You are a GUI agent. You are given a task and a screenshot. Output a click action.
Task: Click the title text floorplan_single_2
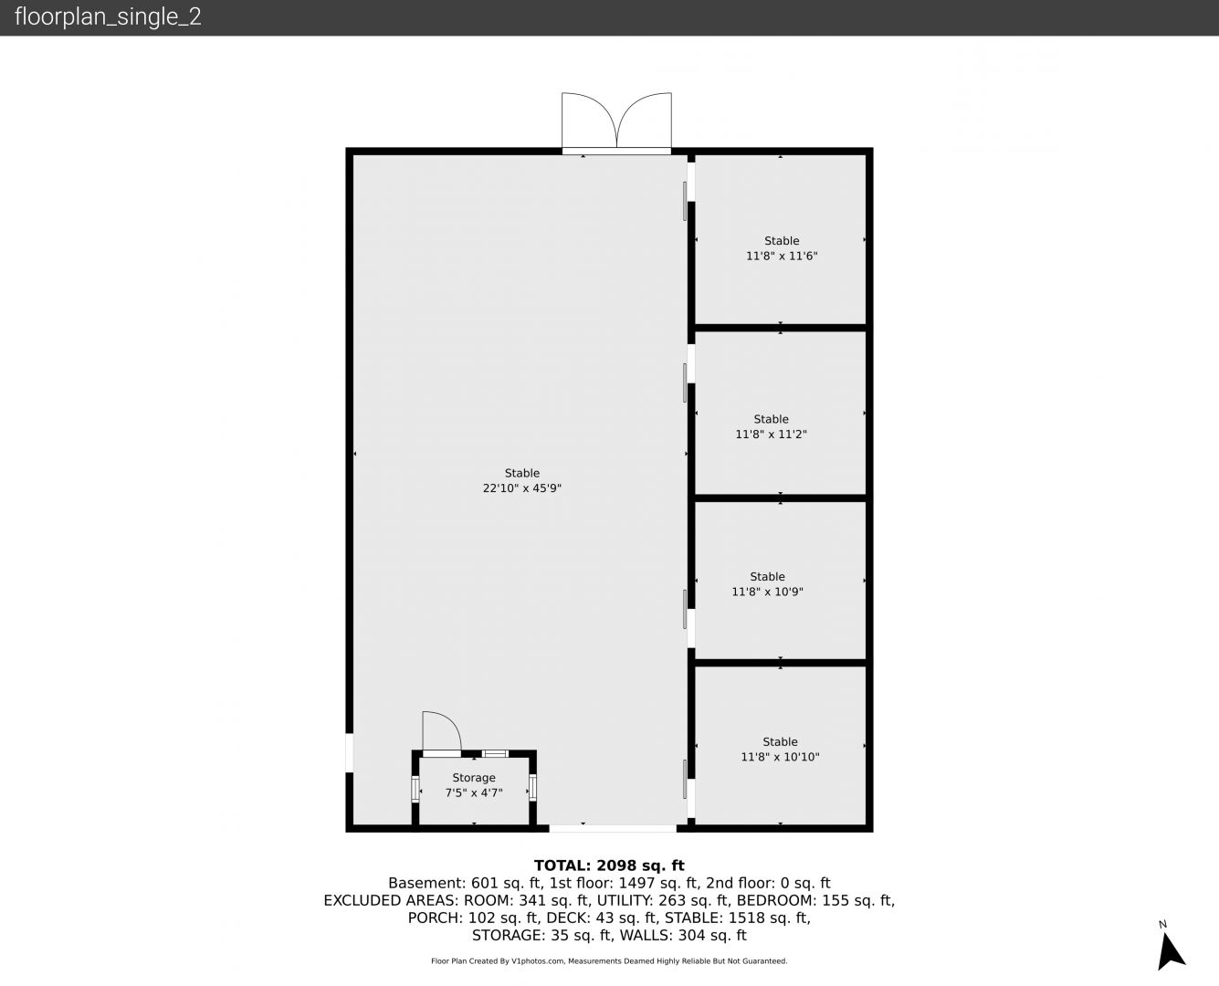108,17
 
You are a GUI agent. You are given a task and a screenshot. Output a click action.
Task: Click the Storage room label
474,778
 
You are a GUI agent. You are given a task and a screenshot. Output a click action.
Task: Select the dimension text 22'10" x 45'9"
522,488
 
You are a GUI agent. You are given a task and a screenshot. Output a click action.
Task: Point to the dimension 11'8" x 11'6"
782,256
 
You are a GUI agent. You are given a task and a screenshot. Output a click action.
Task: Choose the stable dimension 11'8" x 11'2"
771,435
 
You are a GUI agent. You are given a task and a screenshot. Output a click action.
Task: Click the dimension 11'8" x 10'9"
767,592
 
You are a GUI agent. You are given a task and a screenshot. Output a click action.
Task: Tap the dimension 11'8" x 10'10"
780,757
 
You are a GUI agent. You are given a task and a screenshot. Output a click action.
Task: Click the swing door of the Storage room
442,734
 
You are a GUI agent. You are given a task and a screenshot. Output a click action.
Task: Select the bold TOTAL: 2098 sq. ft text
609,865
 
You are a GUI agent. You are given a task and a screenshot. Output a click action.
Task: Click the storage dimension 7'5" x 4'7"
474,793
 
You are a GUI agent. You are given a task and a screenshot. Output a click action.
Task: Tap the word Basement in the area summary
426,883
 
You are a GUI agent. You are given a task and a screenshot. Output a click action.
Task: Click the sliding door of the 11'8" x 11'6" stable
685,201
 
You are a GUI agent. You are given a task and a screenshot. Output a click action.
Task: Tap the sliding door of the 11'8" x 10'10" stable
685,779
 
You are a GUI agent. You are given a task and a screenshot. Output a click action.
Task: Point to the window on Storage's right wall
532,787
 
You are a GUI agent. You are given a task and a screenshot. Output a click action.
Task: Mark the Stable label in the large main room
522,473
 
